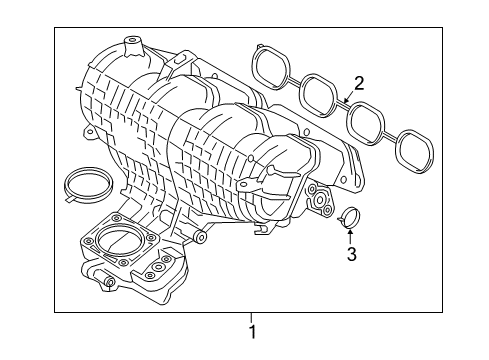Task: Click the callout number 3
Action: pos(351,255)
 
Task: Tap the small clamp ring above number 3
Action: pos(350,215)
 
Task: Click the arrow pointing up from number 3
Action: pos(350,236)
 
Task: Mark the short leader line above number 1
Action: pos(252,318)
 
